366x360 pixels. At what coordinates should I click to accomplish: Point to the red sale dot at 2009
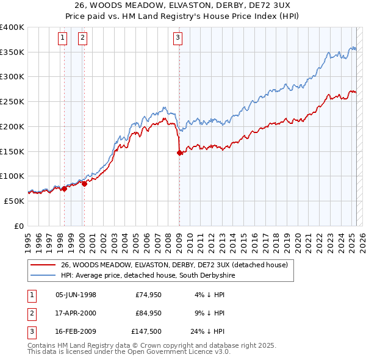click(179, 153)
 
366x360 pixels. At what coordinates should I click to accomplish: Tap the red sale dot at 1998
click(64, 189)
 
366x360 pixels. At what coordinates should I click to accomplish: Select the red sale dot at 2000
click(84, 184)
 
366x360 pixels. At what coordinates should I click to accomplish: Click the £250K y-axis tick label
click(12, 102)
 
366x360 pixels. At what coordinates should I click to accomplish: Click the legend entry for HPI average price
click(148, 276)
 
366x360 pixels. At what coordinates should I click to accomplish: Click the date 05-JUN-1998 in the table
click(76, 295)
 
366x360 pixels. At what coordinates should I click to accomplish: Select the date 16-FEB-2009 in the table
click(76, 333)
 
